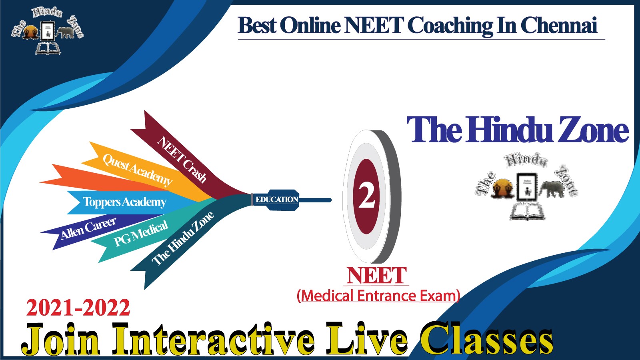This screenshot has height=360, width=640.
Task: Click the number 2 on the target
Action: coord(366,196)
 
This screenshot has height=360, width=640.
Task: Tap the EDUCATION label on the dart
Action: coord(276,200)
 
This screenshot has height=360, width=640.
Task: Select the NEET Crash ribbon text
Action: coord(182,160)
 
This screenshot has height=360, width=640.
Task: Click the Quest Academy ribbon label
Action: coord(138,170)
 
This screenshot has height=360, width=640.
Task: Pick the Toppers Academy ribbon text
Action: coord(124,202)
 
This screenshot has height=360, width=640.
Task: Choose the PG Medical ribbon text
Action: coord(141,233)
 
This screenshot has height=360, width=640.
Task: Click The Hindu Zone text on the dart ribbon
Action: coord(182,238)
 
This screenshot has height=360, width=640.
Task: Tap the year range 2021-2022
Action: coord(78,308)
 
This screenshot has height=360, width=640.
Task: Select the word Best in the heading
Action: coord(257,26)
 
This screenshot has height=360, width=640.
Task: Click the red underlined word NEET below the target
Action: coord(376,275)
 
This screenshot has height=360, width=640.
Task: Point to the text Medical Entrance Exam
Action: coord(378,296)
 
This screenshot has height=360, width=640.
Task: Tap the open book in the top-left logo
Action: coord(48,48)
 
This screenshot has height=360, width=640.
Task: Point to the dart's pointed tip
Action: coord(332,200)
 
